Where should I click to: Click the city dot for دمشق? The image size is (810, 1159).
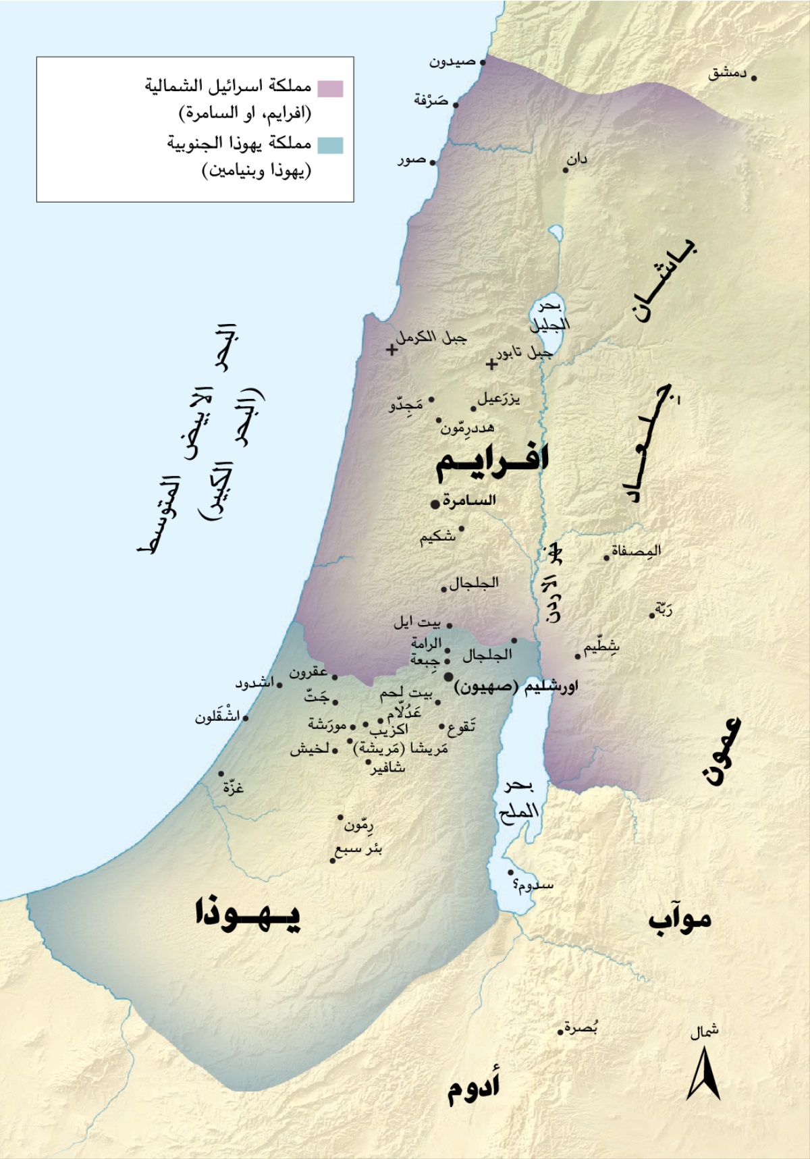click(754, 78)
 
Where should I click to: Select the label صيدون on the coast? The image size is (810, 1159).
click(452, 62)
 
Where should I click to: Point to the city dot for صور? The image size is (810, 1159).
click(433, 163)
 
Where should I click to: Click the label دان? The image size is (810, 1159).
click(577, 160)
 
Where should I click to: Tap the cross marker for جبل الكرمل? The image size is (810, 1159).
click(391, 350)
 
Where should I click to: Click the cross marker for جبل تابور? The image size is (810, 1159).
click(491, 365)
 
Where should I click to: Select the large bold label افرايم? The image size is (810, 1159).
click(492, 460)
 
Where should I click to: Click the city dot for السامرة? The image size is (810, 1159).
click(435, 504)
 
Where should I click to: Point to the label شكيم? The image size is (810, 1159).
click(437, 538)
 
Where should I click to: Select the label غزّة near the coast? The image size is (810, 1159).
click(233, 786)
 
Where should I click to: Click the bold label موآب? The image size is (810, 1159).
click(680, 919)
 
